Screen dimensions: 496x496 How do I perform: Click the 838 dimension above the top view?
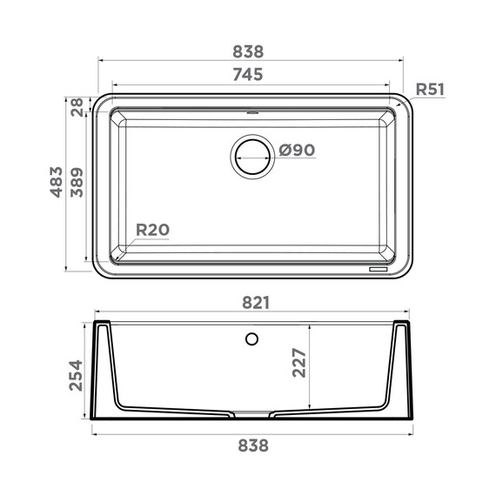(x=248, y=51)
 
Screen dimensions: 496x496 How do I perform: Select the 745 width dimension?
(x=248, y=75)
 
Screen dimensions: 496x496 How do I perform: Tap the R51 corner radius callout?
(x=430, y=89)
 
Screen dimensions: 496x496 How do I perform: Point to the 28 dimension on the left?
(x=77, y=106)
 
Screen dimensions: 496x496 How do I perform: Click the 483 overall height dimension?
(x=57, y=182)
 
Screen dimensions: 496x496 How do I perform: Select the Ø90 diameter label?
(x=297, y=151)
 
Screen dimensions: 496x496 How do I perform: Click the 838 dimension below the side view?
(x=251, y=445)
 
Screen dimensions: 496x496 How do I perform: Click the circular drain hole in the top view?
(x=252, y=157)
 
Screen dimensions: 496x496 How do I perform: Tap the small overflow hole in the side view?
(x=252, y=338)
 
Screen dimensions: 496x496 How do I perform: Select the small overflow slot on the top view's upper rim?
(x=252, y=112)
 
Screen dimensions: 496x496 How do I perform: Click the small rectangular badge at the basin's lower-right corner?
(x=380, y=268)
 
